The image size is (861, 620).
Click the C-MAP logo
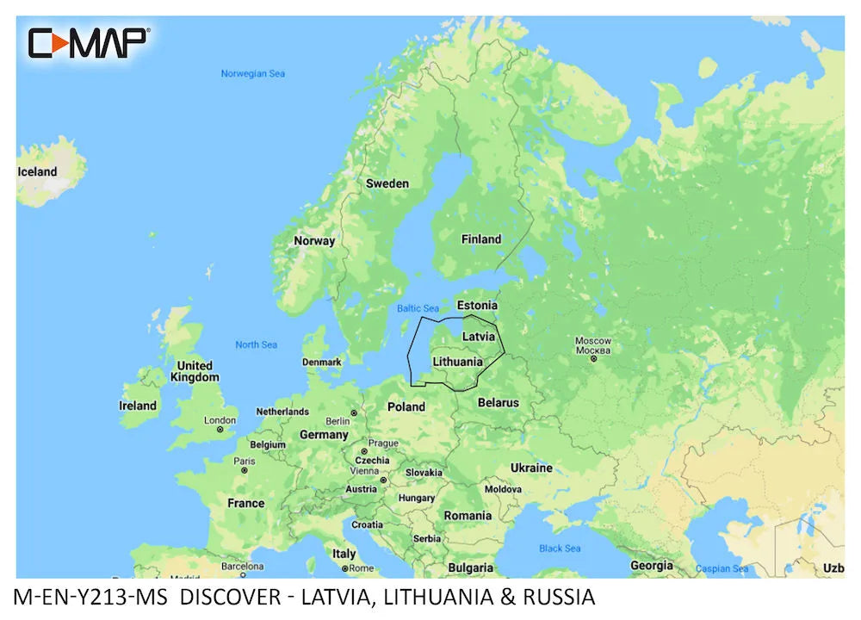click(x=89, y=42)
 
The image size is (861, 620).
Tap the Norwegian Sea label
click(x=252, y=74)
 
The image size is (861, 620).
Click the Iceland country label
click(x=37, y=171)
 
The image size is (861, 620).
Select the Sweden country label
click(x=387, y=183)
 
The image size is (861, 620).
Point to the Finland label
click(x=480, y=239)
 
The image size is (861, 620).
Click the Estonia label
click(x=477, y=306)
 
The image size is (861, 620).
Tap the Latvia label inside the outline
click(x=479, y=336)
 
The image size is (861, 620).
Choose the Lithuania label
click(x=457, y=362)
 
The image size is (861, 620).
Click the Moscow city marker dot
click(x=593, y=360)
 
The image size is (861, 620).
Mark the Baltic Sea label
click(x=418, y=308)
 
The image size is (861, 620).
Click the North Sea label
click(x=257, y=344)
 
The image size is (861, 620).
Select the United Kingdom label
click(x=195, y=371)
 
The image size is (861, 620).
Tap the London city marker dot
click(x=220, y=429)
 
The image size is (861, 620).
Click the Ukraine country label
click(x=531, y=468)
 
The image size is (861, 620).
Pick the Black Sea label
click(x=560, y=549)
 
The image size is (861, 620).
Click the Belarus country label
click(x=499, y=402)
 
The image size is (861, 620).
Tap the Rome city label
click(x=361, y=568)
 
